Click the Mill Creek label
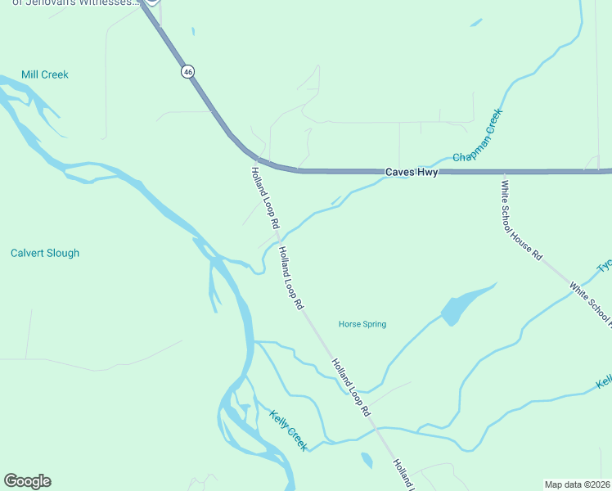(x=45, y=74)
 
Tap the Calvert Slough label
(x=45, y=253)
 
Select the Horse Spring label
(x=362, y=324)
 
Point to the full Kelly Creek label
(x=288, y=430)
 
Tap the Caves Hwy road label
(x=412, y=173)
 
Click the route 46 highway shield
(x=189, y=72)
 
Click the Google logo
(x=27, y=481)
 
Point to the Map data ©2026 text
(x=577, y=484)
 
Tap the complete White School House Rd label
(x=521, y=220)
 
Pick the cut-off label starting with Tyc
(x=604, y=267)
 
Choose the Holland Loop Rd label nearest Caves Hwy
(x=266, y=197)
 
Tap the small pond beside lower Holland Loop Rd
(x=366, y=461)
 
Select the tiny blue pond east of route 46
(x=193, y=32)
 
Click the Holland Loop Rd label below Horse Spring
(x=351, y=387)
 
